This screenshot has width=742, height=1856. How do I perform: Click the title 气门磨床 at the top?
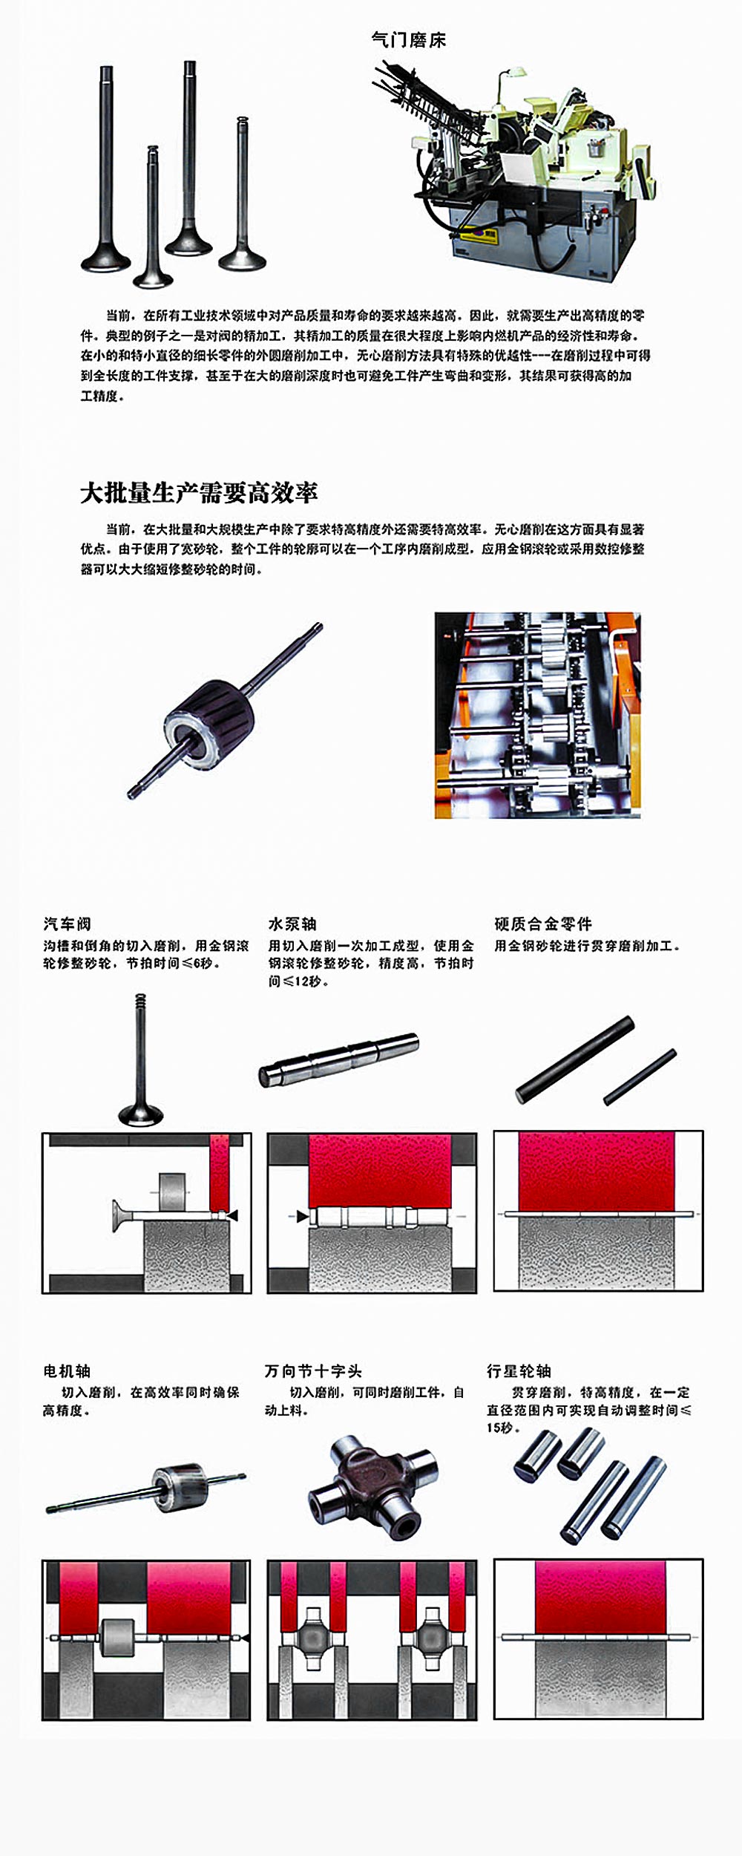(409, 40)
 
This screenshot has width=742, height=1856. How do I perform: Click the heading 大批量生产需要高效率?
(199, 493)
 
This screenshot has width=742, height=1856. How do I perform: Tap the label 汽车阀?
(68, 924)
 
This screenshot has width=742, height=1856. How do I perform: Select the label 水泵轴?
(292, 924)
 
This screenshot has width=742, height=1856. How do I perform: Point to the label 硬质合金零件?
(543, 924)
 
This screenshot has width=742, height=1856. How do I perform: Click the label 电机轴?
(67, 1370)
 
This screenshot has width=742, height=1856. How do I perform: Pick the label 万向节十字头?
(313, 1370)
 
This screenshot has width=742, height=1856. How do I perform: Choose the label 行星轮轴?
(519, 1370)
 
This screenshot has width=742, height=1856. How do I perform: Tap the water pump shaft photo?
(339, 1059)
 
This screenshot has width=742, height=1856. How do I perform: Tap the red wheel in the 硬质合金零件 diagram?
(597, 1171)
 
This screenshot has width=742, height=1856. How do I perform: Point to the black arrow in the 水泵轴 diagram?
(302, 1216)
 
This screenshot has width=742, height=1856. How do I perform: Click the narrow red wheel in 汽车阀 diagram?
(220, 1172)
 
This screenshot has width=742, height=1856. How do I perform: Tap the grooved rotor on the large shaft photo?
(210, 723)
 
